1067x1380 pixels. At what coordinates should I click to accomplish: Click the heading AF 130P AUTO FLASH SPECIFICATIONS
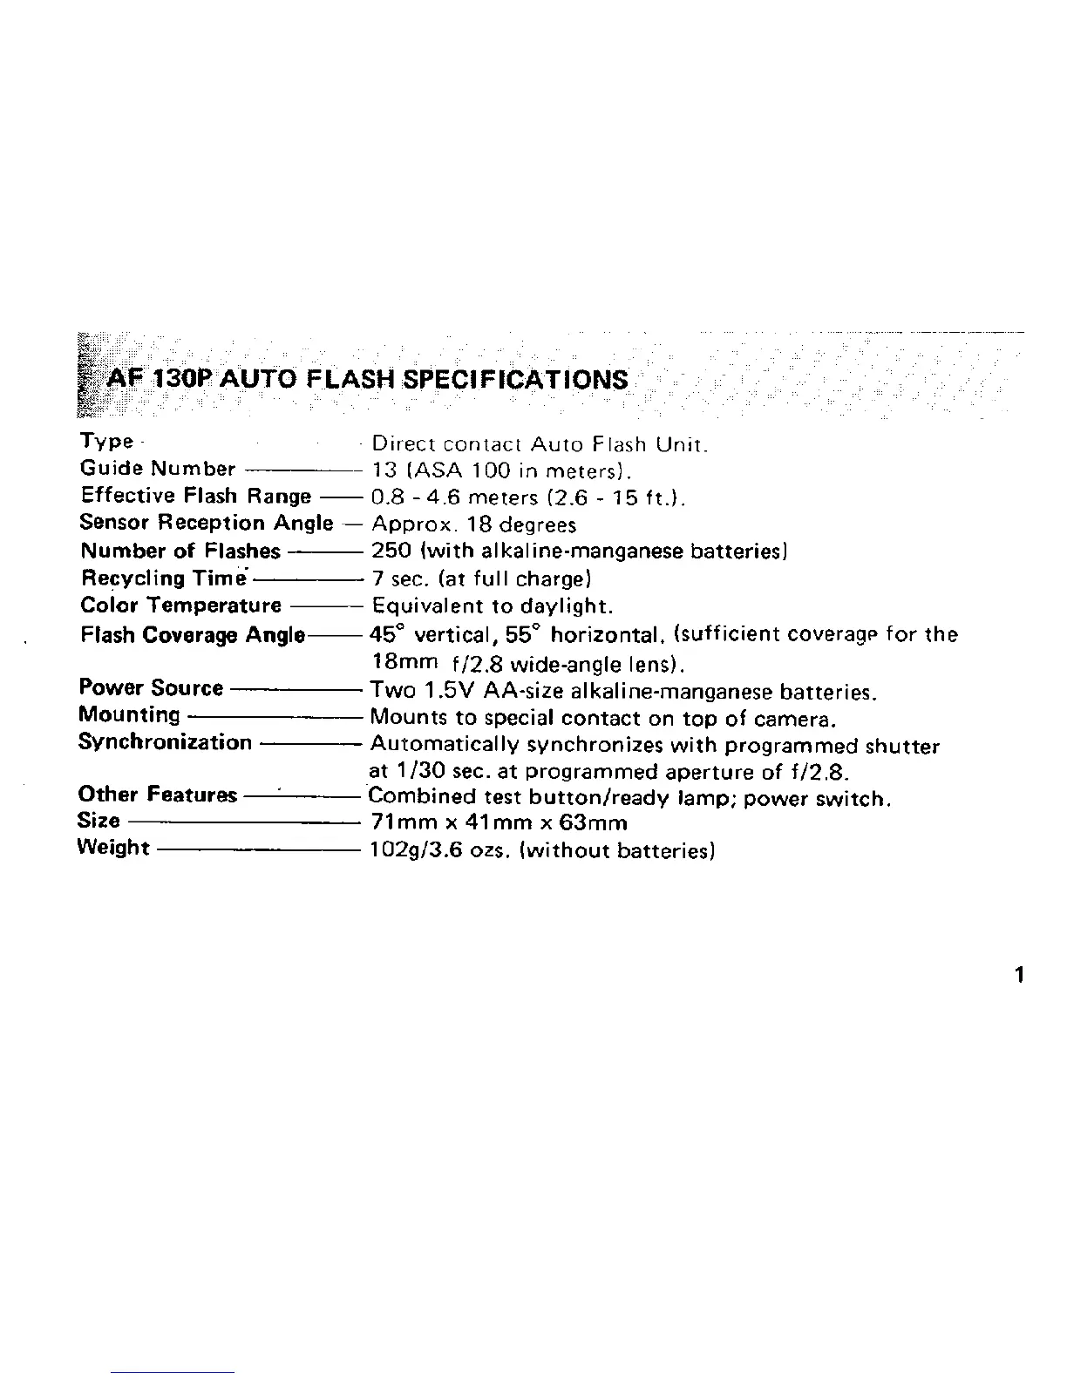366,380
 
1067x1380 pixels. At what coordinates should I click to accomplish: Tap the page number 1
1019,974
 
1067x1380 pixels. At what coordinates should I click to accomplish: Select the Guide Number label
158,469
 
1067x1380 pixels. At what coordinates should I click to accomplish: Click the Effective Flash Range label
195,496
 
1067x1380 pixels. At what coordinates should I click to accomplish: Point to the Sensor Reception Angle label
206,523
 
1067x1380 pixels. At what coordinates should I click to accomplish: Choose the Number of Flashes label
180,551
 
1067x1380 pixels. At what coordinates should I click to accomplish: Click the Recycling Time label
164,578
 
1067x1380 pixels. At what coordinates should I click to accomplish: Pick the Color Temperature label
180,605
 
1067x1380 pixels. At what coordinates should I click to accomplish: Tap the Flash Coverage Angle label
192,634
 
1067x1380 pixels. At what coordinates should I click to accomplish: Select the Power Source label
151,687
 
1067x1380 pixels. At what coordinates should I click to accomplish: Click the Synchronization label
164,741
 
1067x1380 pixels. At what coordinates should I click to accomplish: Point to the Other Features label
157,795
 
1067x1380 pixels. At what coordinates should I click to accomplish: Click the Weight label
113,847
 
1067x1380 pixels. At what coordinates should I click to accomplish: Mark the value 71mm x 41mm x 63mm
499,822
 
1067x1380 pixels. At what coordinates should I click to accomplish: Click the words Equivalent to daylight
493,605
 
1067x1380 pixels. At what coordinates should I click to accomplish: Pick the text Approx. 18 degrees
473,524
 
